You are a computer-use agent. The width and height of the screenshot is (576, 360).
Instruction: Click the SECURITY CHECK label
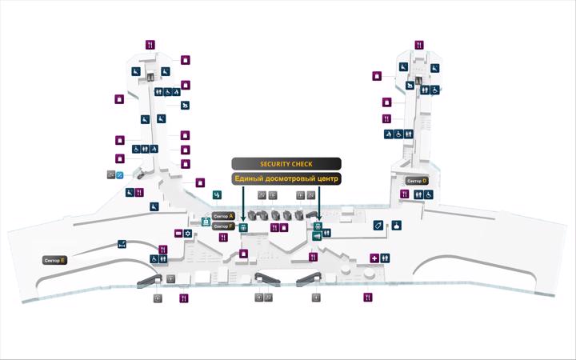pos(286,164)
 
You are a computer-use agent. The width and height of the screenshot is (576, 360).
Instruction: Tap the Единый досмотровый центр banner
pos(286,178)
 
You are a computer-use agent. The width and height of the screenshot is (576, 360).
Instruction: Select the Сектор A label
pos(223,216)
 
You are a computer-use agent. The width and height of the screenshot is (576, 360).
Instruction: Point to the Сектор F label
pos(223,226)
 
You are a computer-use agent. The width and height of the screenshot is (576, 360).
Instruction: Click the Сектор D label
pos(417,181)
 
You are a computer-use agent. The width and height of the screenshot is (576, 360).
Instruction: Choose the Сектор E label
pos(54,261)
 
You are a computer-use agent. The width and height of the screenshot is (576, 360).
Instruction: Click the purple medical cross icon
pos(374,258)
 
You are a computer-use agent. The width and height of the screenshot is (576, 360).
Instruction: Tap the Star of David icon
pos(188,234)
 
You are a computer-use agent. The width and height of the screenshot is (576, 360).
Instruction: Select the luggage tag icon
pos(378,225)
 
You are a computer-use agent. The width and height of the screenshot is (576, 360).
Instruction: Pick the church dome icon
pos(396,225)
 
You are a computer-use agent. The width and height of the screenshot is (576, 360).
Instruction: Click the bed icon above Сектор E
pos(122,244)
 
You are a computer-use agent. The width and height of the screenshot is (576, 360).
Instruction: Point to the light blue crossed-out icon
pos(120,175)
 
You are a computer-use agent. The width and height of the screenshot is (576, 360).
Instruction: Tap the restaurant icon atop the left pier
pos(150,45)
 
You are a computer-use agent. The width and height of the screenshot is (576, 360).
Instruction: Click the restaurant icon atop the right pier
pos(419,45)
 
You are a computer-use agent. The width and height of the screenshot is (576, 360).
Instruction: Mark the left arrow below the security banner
pos(243,204)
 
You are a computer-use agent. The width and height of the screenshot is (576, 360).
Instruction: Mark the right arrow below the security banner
pos(319,204)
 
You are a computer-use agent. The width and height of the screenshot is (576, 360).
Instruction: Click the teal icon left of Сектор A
pos(206,222)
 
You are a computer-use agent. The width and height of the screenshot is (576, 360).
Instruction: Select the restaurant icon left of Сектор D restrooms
pos(405,194)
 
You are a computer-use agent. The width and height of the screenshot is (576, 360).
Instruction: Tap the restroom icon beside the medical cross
pos(385,258)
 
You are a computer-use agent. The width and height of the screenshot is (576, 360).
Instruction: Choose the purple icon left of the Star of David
pos(178,234)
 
